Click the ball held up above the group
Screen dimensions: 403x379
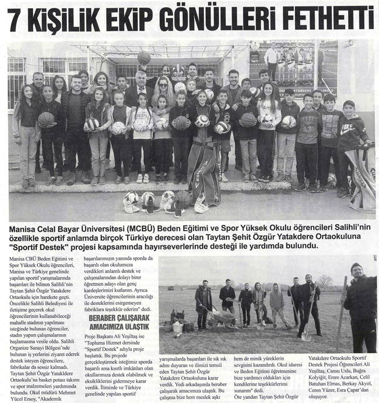[143, 57]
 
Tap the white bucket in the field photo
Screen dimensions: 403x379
[177, 328]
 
